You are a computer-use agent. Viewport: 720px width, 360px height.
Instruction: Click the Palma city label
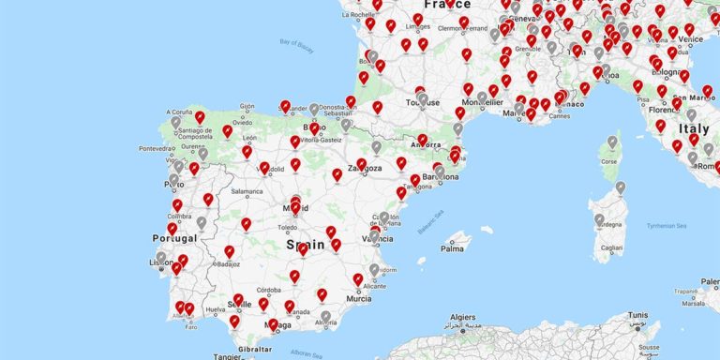[453, 248]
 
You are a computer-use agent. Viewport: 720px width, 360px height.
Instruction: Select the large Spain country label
[306, 245]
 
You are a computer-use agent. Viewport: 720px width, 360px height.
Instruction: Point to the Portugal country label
[174, 238]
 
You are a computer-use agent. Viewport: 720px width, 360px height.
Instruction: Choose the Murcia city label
[359, 298]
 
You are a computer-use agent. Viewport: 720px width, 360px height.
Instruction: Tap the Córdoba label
[269, 290]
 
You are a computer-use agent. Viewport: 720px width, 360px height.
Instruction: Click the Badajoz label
[228, 264]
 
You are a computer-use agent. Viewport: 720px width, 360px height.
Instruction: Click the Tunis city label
[637, 315]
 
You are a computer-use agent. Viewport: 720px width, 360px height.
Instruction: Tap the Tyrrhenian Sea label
[667, 225]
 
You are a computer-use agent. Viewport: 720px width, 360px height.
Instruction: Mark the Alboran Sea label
[306, 352]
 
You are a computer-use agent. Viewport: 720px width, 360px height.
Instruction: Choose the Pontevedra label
[156, 148]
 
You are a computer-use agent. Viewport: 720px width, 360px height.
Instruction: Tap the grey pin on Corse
[612, 142]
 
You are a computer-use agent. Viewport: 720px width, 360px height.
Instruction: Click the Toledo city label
[287, 227]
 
